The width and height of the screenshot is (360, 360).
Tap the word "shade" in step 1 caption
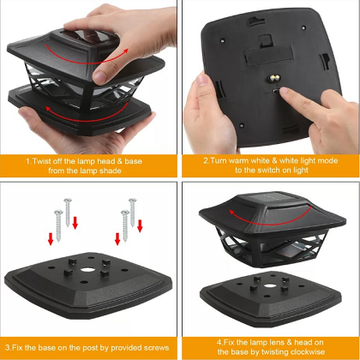click(111, 171)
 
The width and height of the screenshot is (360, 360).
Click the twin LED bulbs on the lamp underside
click(275, 78)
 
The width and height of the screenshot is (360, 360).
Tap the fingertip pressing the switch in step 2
click(284, 92)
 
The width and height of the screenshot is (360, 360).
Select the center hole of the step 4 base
click(269, 285)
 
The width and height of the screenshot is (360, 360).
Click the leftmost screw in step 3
click(58, 225)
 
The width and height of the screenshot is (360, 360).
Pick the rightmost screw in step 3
click(133, 213)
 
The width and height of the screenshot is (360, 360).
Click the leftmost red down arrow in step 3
click(51, 238)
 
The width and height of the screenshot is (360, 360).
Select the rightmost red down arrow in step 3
click(140, 225)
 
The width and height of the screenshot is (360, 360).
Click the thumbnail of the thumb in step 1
click(100, 77)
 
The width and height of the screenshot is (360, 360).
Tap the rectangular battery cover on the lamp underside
click(268, 55)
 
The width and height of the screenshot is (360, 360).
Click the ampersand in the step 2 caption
click(274, 160)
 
